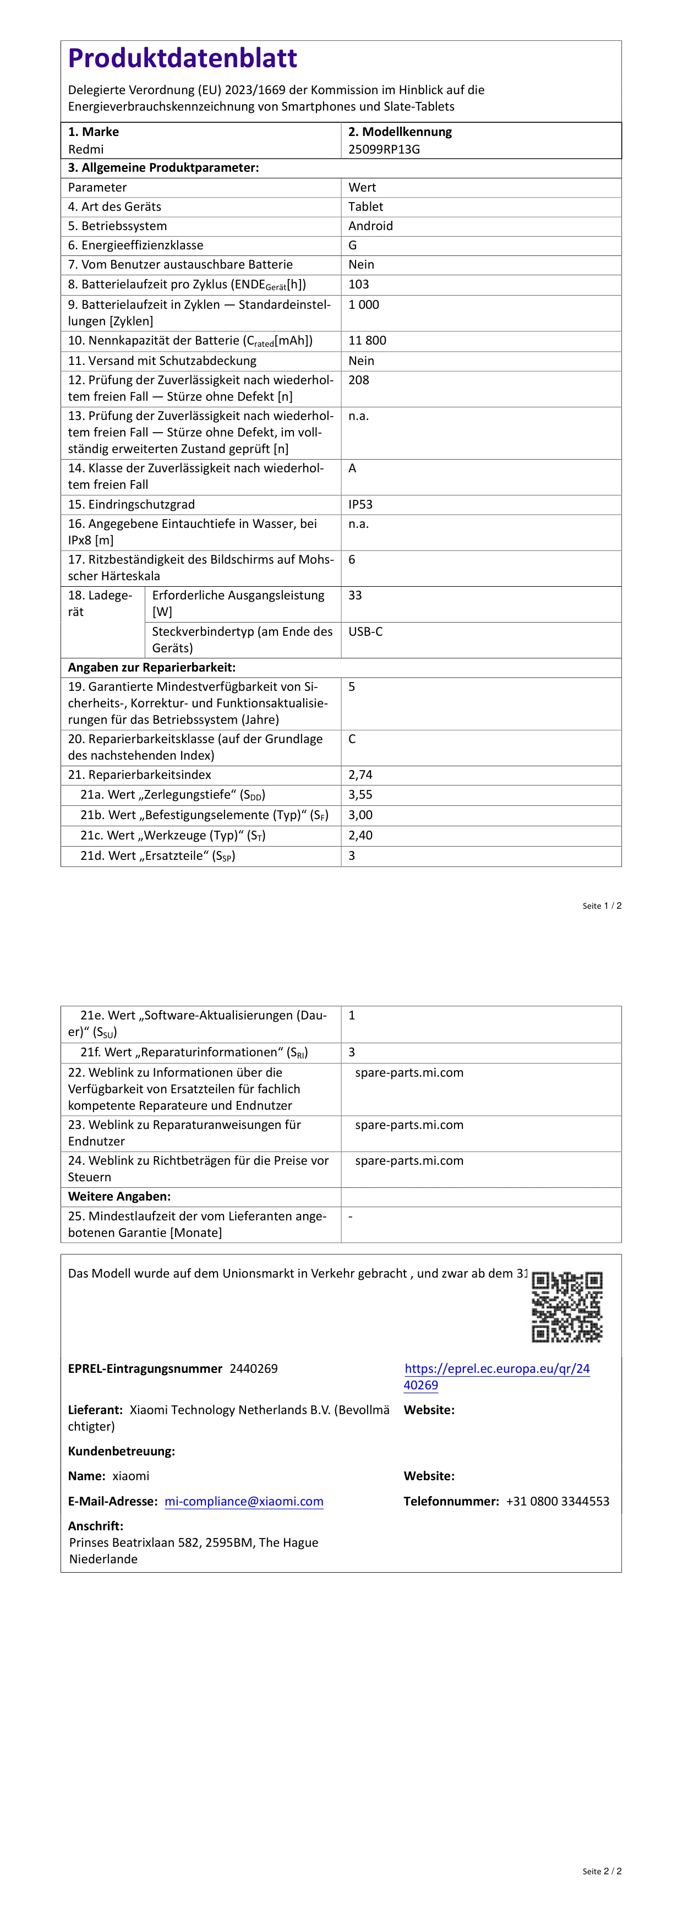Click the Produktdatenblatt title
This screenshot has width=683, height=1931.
coord(182,58)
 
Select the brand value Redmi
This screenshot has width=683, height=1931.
coord(86,149)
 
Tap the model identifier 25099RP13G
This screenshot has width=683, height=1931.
coord(384,149)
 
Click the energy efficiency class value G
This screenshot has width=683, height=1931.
coord(352,245)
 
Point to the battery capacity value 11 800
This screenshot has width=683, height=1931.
coord(367,340)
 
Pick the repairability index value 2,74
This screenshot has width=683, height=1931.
coord(360,775)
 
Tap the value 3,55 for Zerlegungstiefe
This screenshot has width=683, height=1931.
coord(360,795)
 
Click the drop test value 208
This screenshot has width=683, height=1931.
coord(359,380)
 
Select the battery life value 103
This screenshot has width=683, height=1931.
coord(359,284)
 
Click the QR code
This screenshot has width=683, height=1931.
coord(567,1307)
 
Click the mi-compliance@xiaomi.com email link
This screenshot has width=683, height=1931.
coord(244,1502)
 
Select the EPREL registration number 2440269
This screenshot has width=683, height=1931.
coord(253,1369)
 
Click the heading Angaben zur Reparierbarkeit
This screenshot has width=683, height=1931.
coord(151,668)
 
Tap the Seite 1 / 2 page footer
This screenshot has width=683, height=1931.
coord(602,906)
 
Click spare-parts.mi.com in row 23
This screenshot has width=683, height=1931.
coord(409,1125)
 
